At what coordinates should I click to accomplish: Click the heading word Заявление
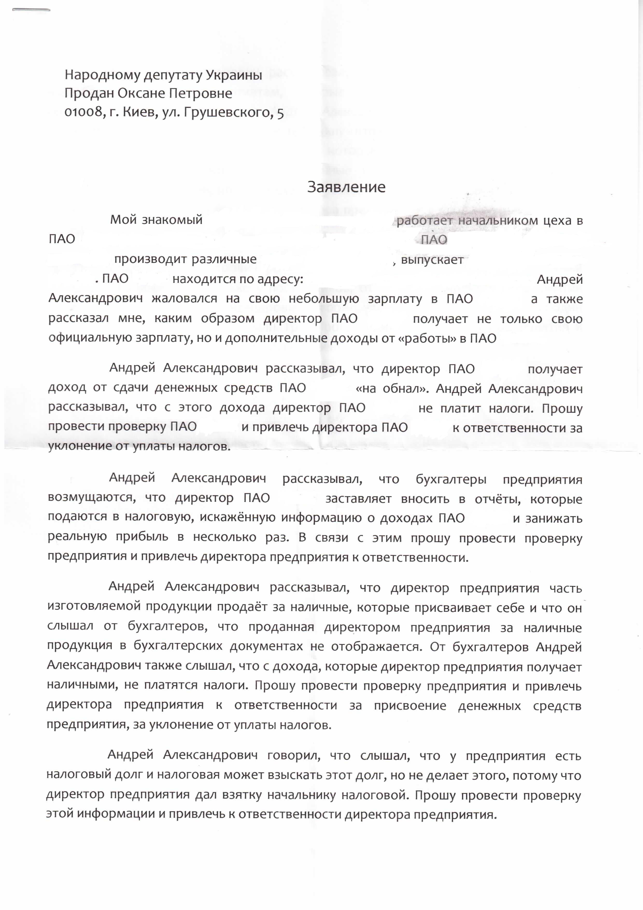click(346, 187)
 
